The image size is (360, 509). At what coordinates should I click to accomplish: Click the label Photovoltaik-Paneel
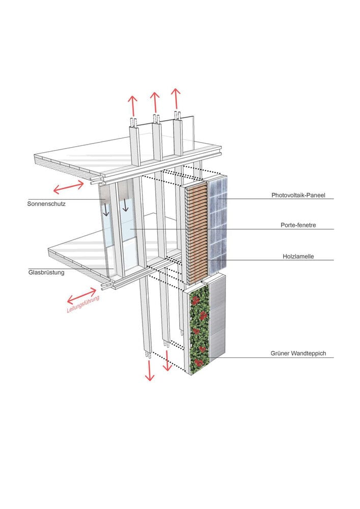(302, 194)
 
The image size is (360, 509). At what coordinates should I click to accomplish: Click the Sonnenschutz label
(46, 204)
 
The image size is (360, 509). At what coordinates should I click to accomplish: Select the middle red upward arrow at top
(155, 102)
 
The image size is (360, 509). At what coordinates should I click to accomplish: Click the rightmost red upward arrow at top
(175, 99)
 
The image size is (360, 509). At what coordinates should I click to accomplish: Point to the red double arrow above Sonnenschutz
(69, 186)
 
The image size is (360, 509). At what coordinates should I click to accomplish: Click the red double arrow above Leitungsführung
(81, 294)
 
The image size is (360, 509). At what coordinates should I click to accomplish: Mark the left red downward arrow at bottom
(149, 370)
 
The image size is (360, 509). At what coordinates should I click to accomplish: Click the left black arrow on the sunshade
(106, 210)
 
